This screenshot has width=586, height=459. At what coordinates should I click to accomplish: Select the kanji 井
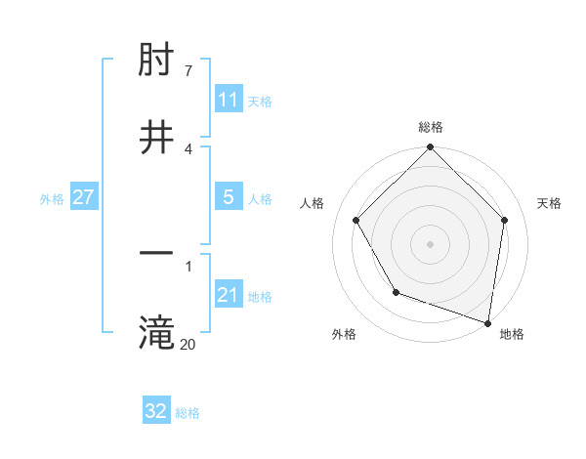pyautogui.click(x=157, y=138)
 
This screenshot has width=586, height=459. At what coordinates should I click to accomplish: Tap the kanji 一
pyautogui.click(x=157, y=254)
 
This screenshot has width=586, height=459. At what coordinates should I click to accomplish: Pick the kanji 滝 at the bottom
pyautogui.click(x=157, y=332)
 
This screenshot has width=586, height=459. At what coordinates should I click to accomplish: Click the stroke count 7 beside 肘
pyautogui.click(x=188, y=71)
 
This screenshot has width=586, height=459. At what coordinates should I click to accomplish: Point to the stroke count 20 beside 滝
pyautogui.click(x=188, y=343)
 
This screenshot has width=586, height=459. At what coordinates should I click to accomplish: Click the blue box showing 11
pyautogui.click(x=229, y=100)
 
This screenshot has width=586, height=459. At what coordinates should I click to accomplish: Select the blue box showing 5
pyautogui.click(x=229, y=197)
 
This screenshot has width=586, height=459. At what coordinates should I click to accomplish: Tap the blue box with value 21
pyautogui.click(x=229, y=295)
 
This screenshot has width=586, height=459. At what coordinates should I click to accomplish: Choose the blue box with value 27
pyautogui.click(x=84, y=197)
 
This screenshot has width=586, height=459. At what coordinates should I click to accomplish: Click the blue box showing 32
pyautogui.click(x=156, y=411)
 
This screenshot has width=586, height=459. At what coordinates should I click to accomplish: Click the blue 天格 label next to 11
pyautogui.click(x=260, y=101)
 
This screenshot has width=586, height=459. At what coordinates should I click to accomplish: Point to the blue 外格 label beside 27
pyautogui.click(x=52, y=198)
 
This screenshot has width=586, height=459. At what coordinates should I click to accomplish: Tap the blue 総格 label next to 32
pyautogui.click(x=188, y=412)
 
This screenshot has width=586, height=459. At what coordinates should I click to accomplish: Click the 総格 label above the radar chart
pyautogui.click(x=431, y=127)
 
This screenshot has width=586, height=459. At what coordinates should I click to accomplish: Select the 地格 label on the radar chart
pyautogui.click(x=512, y=334)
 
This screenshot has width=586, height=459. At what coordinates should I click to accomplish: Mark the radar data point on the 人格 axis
pyautogui.click(x=356, y=220)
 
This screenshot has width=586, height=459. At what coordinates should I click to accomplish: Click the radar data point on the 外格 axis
pyautogui.click(x=396, y=292)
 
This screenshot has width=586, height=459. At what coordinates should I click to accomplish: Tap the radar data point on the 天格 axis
pyautogui.click(x=505, y=220)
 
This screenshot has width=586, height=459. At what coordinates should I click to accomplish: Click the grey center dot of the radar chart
pyautogui.click(x=431, y=244)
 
